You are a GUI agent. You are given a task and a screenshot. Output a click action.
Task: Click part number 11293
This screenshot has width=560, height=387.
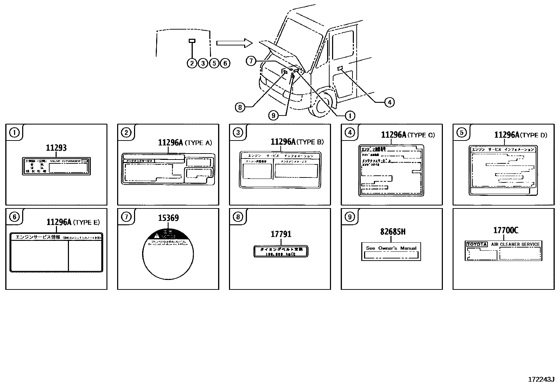pyautogui.click(x=56, y=148)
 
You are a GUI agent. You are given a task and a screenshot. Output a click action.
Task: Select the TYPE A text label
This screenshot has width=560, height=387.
pyautogui.click(x=198, y=143)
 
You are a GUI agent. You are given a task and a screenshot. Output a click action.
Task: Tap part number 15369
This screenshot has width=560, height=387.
pyautogui.click(x=168, y=218)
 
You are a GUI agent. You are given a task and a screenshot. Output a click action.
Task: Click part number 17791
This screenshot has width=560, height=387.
pyautogui.click(x=281, y=234)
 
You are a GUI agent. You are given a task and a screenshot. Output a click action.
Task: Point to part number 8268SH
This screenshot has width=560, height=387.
pyautogui.click(x=393, y=232)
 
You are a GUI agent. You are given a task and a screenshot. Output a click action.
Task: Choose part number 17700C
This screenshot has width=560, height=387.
pyautogui.click(x=505, y=230)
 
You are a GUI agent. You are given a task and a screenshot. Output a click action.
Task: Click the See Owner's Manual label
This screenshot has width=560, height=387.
pyautogui.click(x=391, y=251)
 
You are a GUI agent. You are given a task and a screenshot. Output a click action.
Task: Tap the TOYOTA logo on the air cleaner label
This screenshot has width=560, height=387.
pyautogui.click(x=477, y=244)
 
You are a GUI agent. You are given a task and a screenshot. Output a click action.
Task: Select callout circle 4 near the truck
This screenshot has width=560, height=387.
pyautogui.click(x=389, y=102)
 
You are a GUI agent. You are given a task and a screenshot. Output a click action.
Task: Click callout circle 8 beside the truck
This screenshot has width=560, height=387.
pyautogui.click(x=240, y=107)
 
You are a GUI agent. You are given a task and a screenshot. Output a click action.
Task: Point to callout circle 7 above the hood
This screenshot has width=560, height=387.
pyautogui.click(x=250, y=61)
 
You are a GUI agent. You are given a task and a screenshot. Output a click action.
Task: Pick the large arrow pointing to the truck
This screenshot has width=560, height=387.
pyautogui.click(x=234, y=43)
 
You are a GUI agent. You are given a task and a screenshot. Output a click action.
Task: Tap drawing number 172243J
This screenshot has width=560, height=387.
pyautogui.click(x=541, y=379)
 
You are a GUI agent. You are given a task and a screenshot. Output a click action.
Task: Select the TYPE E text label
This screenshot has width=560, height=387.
pyautogui.click(x=87, y=223)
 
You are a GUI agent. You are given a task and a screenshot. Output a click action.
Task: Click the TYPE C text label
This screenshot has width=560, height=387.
pyautogui.click(x=421, y=135)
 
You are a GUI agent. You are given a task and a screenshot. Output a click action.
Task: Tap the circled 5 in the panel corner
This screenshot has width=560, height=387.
pyautogui.click(x=462, y=132)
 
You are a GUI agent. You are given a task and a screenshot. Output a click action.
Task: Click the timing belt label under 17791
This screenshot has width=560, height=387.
pyautogui.click(x=281, y=251)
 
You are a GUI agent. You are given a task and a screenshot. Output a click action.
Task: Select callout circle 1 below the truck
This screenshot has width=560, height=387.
pyautogui.click(x=350, y=115)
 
